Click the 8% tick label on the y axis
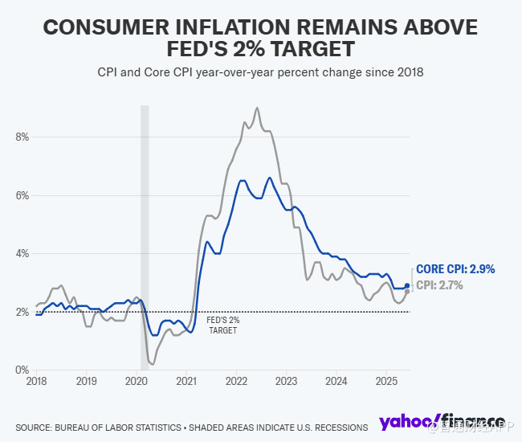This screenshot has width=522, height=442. click(x=22, y=137)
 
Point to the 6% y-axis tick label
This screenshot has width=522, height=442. click(x=22, y=195)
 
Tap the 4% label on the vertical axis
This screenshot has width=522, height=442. click(x=22, y=253)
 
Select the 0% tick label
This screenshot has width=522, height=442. click(x=22, y=370)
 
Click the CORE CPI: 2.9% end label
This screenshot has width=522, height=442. click(x=455, y=270)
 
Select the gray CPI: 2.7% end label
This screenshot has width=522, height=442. click(x=440, y=285)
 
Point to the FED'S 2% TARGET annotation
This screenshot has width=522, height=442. click(x=223, y=325)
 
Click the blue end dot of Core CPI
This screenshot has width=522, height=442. click(x=407, y=285)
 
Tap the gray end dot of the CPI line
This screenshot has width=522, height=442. click(x=407, y=291)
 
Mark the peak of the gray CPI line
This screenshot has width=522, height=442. click(x=257, y=108)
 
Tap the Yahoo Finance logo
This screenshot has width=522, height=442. click(x=442, y=422)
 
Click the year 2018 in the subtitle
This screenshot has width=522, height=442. click(x=410, y=72)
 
